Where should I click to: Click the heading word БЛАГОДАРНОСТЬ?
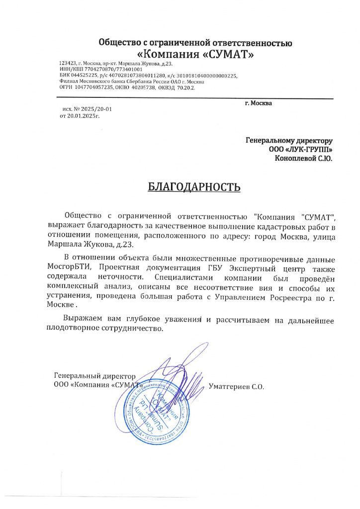click(194, 187)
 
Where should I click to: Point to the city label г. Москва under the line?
click(259, 103)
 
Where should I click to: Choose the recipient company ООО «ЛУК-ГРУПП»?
click(298, 150)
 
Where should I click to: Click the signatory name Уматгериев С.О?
click(236, 386)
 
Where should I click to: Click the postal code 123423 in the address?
click(68, 64)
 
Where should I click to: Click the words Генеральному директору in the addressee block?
click(289, 141)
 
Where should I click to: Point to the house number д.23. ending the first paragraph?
click(124, 245)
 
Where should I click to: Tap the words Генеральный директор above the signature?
click(94, 376)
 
